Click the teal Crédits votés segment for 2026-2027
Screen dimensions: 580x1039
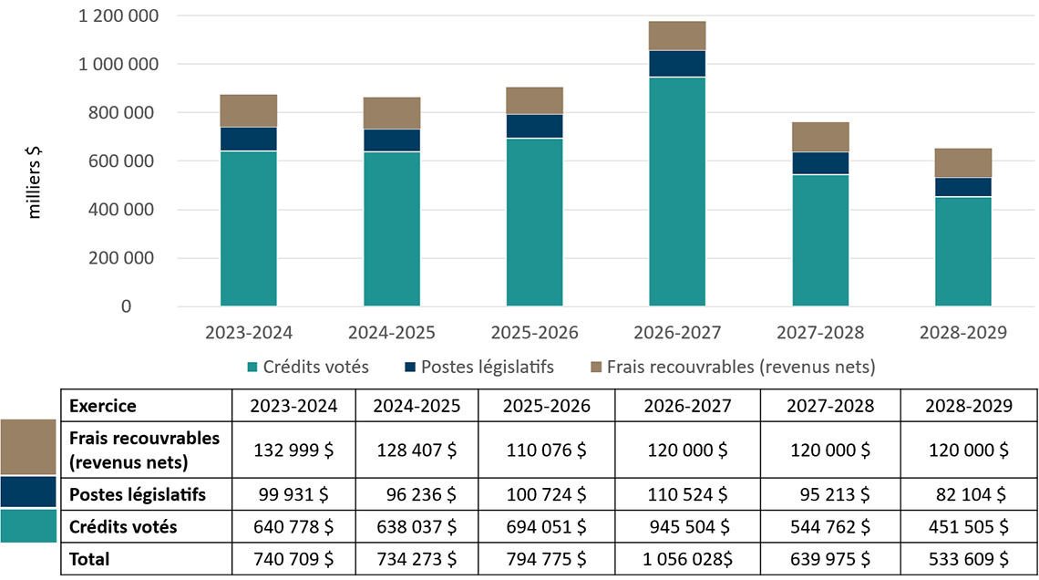click(677, 192)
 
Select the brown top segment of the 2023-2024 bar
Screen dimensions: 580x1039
click(249, 110)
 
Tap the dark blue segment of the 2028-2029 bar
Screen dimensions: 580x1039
click(963, 187)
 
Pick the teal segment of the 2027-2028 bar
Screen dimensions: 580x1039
click(820, 240)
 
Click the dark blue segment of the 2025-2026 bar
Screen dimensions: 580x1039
click(534, 126)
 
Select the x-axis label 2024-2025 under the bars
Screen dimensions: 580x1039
click(391, 332)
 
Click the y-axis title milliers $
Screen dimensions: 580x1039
click(36, 181)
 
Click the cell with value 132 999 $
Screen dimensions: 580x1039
click(294, 450)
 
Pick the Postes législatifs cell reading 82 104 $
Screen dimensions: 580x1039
click(969, 495)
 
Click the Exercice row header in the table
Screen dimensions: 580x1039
click(102, 405)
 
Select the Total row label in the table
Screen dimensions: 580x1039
click(89, 559)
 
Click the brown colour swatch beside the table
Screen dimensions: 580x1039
click(28, 447)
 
